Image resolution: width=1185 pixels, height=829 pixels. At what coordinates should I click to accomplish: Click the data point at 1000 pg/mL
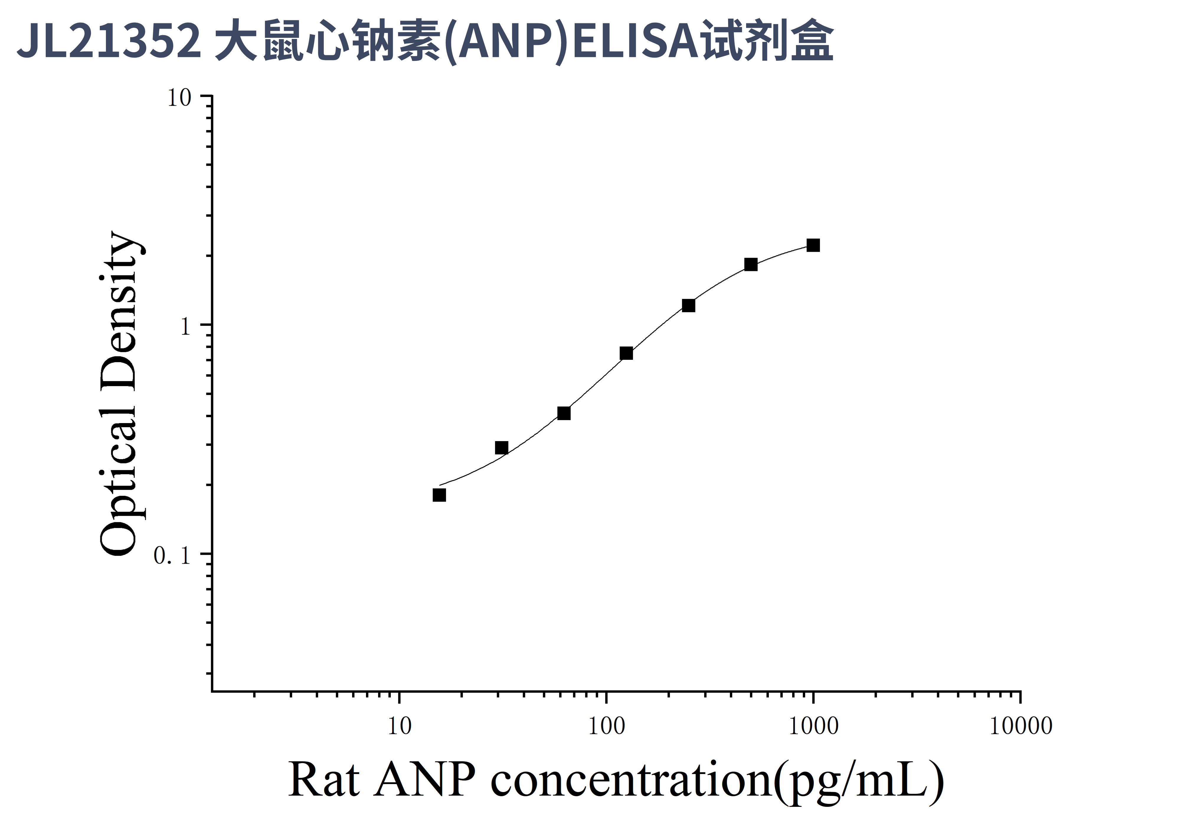coord(813,245)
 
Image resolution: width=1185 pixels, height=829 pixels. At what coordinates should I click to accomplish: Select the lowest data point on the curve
coord(439,495)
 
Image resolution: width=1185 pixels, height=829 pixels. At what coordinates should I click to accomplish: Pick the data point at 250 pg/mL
coord(689,306)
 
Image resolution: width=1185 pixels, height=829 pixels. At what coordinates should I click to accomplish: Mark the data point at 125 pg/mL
coord(626,353)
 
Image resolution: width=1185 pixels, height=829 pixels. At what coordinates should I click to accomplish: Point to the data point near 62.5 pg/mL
coord(564,413)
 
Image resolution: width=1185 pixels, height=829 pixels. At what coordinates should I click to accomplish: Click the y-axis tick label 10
coord(179,98)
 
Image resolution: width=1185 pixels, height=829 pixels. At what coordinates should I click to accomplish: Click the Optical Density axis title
coord(120,394)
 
